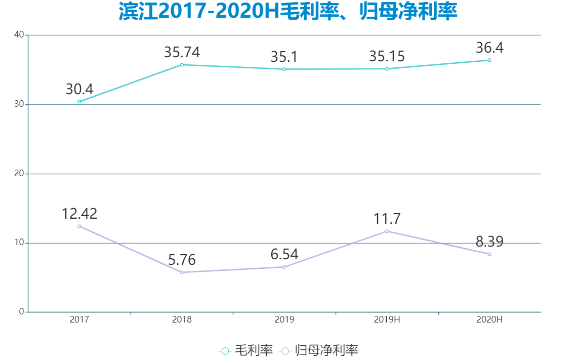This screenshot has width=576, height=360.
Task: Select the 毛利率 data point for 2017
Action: tap(79, 102)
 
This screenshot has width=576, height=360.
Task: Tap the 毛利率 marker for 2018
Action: tap(182, 65)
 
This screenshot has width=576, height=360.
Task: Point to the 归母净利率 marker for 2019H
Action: tap(387, 231)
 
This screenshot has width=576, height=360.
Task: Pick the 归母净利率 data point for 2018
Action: tap(182, 272)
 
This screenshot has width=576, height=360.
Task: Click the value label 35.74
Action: tap(182, 52)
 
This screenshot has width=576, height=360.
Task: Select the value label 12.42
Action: tap(79, 214)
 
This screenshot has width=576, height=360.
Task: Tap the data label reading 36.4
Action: tap(489, 48)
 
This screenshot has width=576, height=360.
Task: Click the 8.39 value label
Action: tap(489, 242)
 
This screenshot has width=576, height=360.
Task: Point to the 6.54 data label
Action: tap(284, 254)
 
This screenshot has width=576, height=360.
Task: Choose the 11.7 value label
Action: tap(387, 219)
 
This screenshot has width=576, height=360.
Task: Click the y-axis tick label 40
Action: tap(19, 35)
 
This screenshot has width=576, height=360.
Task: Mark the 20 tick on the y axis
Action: tap(19, 174)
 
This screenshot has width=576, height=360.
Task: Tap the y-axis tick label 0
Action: tap(21, 312)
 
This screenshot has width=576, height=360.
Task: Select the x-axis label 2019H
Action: tap(387, 320)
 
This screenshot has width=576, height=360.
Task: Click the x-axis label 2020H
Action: tap(489, 320)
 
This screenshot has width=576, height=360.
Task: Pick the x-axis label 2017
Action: tap(79, 320)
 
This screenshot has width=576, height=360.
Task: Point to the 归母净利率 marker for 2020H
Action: tap(489, 254)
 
